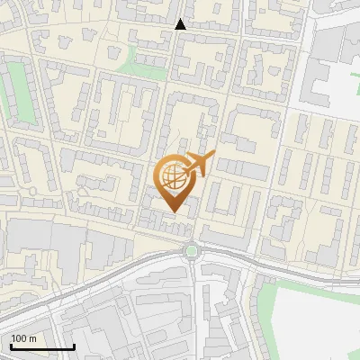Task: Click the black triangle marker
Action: point(180,24)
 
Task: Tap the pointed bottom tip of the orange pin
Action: point(174,212)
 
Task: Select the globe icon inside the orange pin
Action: point(174,176)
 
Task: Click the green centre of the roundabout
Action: point(191,251)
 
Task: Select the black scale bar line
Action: point(41,347)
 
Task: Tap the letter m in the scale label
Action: point(33,339)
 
